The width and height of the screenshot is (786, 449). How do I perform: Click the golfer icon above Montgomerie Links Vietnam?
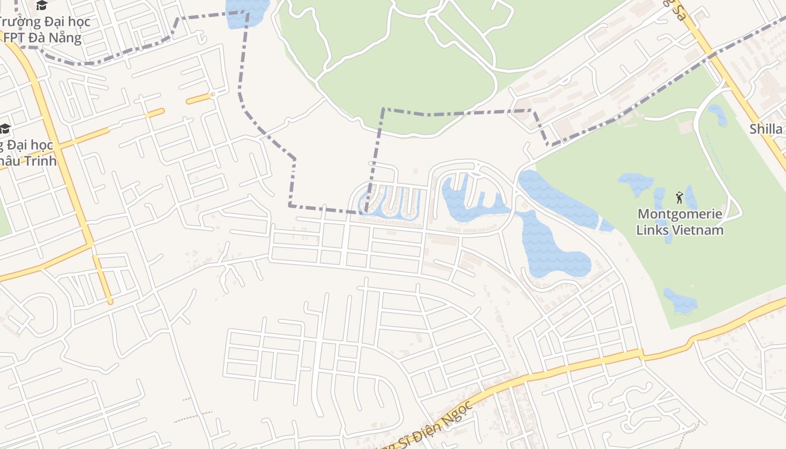[x=679, y=198]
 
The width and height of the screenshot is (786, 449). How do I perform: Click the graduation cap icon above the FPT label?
[x=42, y=6]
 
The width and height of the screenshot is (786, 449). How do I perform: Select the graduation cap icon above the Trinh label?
[x=5, y=129]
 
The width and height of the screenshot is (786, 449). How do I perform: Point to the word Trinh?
[x=39, y=161]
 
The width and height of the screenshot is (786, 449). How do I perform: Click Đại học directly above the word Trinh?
[x=31, y=145]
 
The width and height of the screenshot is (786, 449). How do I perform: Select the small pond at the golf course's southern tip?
[x=680, y=301]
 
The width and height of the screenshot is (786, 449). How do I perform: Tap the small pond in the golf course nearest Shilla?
[x=718, y=115]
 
